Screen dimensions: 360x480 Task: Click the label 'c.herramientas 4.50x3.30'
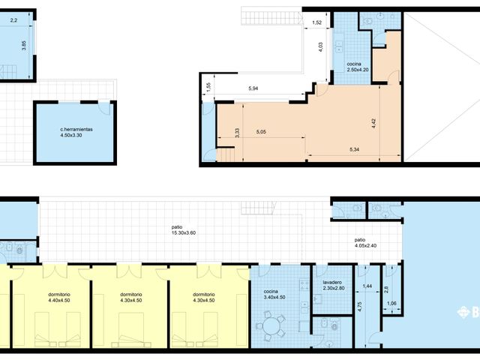tap(77, 133)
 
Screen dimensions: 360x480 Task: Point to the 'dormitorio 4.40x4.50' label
tap(56, 298)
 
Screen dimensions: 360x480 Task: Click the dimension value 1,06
tap(391, 303)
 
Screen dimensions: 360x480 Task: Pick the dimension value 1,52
tap(316, 23)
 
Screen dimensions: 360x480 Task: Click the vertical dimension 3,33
tap(237, 133)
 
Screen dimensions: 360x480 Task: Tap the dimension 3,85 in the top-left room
tap(25, 45)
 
